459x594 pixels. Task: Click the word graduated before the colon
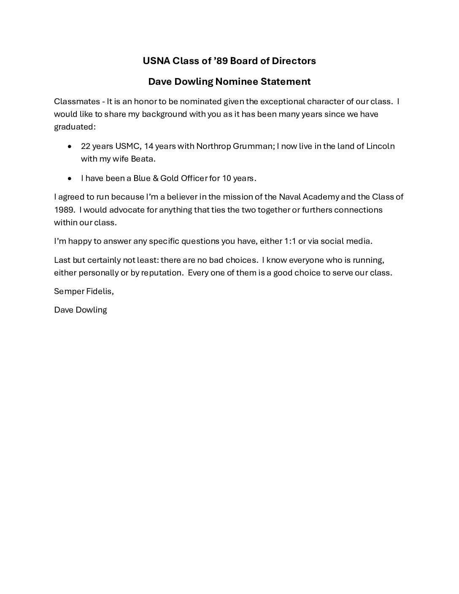tap(74, 127)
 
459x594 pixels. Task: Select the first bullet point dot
tap(70, 146)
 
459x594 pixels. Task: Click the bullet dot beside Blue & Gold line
tap(70, 178)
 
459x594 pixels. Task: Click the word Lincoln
tap(380, 146)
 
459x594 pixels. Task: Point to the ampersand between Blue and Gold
tap(155, 178)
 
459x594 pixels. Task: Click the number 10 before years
tap(227, 178)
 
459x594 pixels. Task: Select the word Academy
tap(321, 197)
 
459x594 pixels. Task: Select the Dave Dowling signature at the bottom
tap(81, 310)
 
